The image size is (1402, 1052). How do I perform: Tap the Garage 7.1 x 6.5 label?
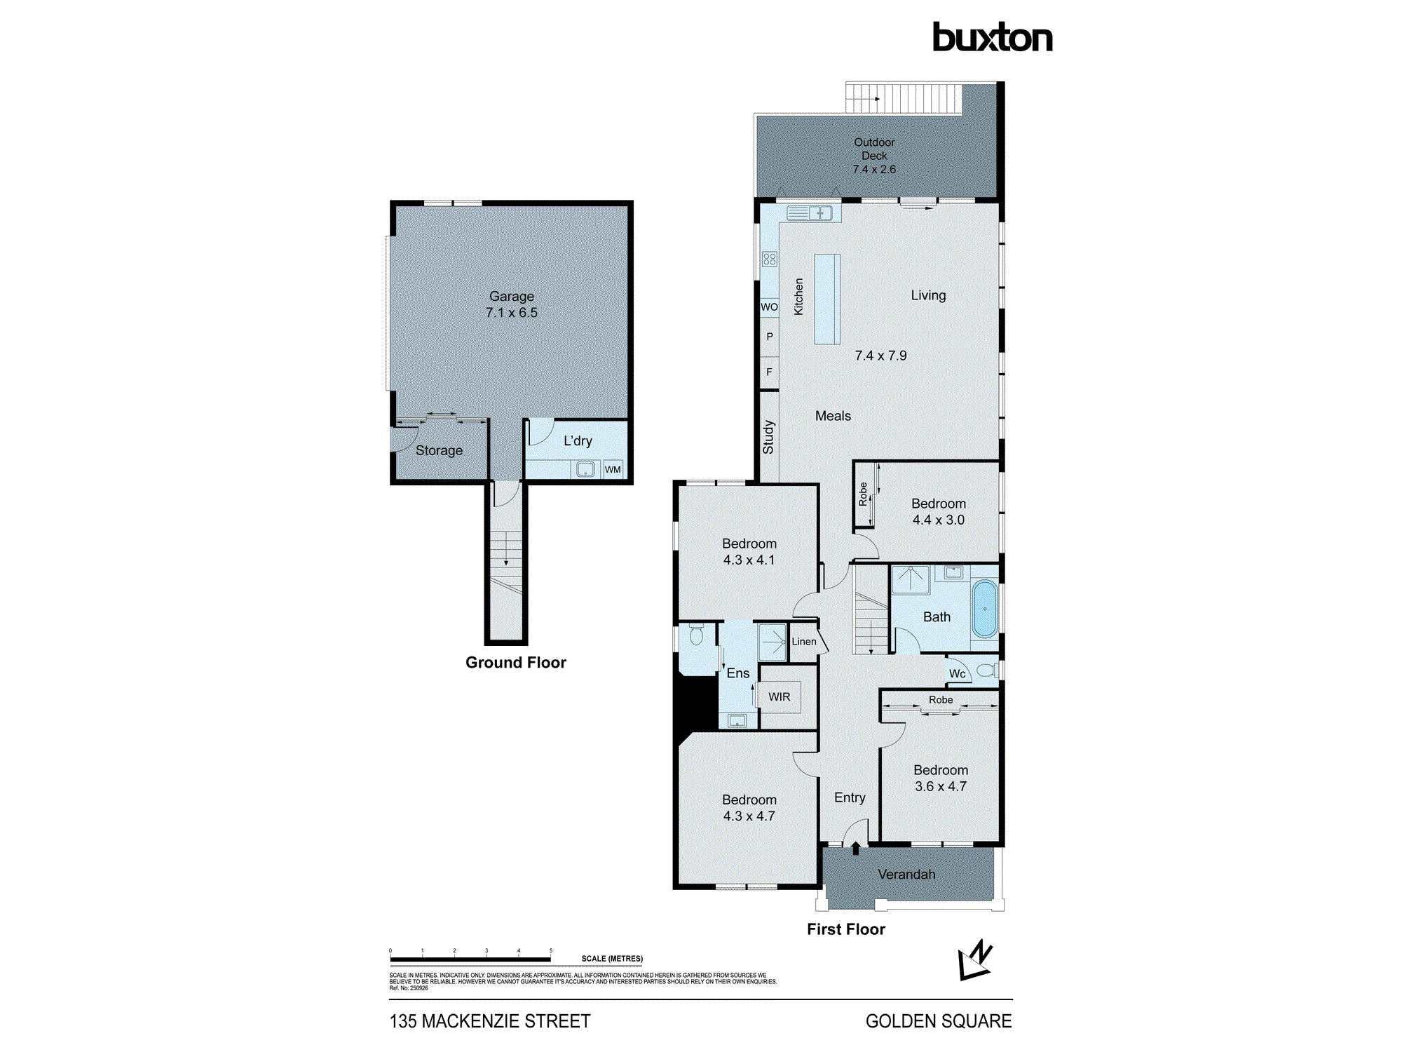[511, 304]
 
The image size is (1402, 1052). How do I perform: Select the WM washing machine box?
[613, 469]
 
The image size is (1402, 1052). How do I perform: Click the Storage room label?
[439, 450]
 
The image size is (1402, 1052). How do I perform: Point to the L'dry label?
[578, 440]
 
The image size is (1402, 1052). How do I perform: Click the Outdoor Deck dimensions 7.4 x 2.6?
[874, 169]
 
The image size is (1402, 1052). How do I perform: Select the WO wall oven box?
[769, 306]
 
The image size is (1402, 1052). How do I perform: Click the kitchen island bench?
[827, 299]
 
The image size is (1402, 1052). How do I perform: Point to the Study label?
[768, 437]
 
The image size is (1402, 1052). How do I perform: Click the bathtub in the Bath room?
[985, 608]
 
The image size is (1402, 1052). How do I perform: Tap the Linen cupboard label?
[804, 641]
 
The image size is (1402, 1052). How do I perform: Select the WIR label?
[779, 696]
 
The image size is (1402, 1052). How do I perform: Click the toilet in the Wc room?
[986, 670]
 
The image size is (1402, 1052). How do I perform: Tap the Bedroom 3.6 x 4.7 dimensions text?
[940, 786]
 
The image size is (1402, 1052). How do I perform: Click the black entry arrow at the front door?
[855, 849]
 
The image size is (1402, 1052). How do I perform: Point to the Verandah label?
[906, 874]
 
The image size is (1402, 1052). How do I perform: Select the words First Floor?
[845, 929]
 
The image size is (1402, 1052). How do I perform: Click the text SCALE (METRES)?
[611, 958]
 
